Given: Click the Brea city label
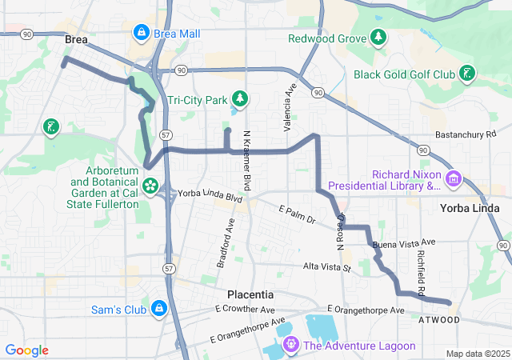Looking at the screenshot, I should tap(76, 38).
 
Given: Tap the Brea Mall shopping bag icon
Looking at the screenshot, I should tap(142, 33).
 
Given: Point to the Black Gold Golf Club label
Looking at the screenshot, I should tap(404, 74).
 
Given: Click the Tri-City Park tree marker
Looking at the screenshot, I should tap(239, 100).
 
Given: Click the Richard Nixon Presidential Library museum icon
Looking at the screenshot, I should tap(454, 177).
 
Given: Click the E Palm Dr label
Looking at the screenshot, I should tap(298, 214).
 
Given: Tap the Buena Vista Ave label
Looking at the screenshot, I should tap(405, 242).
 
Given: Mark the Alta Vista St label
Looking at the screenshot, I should tap(326, 266).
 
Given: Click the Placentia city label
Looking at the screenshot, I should tap(250, 294).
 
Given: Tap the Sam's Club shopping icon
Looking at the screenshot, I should tap(159, 307).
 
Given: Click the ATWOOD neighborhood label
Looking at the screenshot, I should tap(440, 320).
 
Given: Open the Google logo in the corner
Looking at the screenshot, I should tap(26, 350).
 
